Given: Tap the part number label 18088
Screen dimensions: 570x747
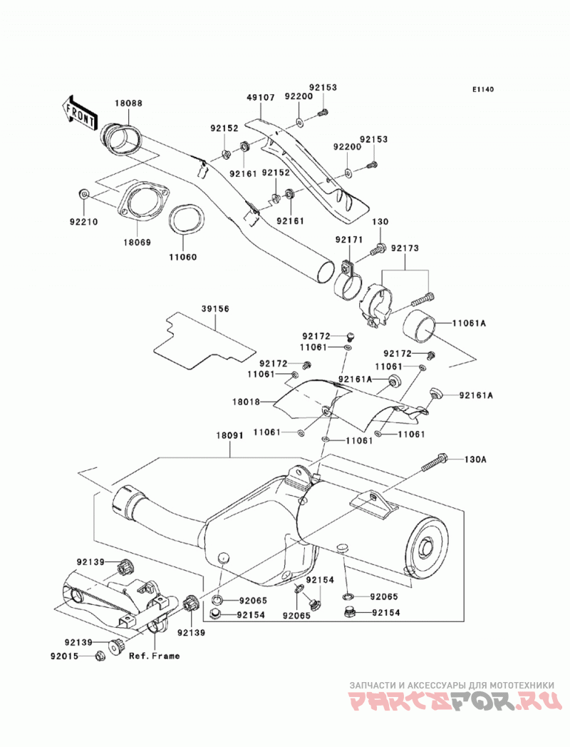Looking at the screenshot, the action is tap(128, 103).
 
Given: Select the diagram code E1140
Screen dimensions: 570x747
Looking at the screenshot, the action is tap(483, 89).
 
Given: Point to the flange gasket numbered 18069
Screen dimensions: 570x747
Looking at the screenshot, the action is tap(142, 203).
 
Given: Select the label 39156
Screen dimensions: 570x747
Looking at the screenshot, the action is tap(216, 309).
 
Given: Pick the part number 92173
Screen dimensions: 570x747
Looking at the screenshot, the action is tap(405, 248).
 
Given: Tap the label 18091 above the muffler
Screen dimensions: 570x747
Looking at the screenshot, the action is tap(230, 436).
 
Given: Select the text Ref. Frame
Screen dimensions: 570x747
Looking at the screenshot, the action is tap(155, 656).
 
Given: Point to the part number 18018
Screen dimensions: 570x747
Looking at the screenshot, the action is tap(247, 402).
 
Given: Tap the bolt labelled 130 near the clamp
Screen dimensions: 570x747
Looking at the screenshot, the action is tap(379, 248).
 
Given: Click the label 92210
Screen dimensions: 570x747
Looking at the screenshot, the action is tap(84, 222).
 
